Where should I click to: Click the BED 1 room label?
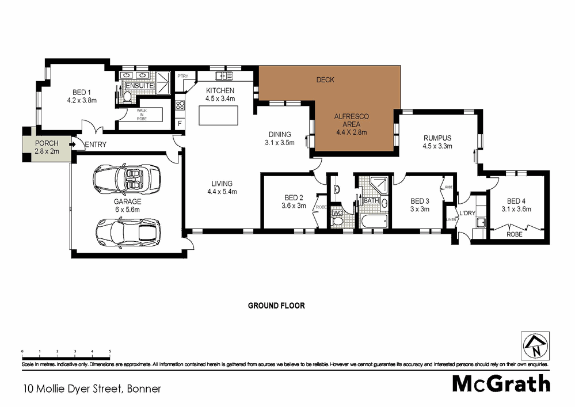click(x=81, y=92)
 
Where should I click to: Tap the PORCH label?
click(x=46, y=143)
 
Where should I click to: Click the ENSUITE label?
click(x=140, y=86)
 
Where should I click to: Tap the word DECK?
click(x=325, y=79)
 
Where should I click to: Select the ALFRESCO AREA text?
click(x=352, y=120)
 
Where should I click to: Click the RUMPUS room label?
click(x=437, y=138)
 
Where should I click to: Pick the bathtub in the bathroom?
click(x=373, y=222)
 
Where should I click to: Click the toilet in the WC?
click(x=338, y=222)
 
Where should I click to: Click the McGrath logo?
click(x=501, y=383)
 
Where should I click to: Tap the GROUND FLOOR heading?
click(x=276, y=306)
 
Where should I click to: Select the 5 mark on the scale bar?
click(x=110, y=351)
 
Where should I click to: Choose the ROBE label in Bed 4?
click(x=514, y=235)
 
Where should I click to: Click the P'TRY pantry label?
click(x=183, y=76)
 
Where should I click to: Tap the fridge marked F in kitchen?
click(x=180, y=124)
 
